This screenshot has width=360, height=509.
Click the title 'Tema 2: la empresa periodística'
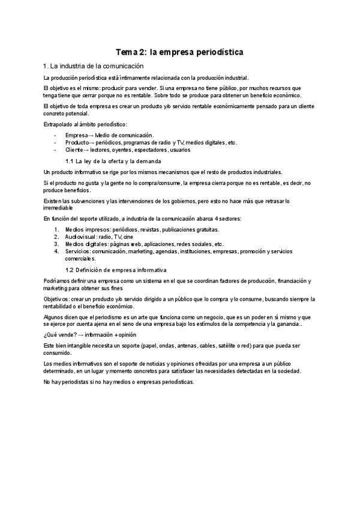179,53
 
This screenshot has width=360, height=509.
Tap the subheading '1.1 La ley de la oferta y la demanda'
113,162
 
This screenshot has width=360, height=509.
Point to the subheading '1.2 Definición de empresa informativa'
115,271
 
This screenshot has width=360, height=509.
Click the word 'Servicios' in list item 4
77,251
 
